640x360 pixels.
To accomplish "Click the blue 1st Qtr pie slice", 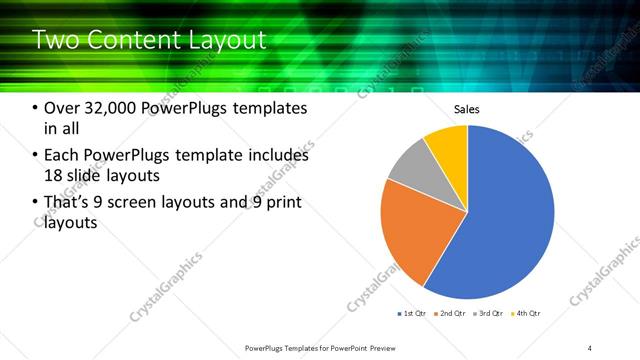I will pos(510,220).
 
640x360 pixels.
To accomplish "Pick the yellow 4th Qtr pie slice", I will pos(447,145).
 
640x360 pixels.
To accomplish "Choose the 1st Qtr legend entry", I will pos(414,314).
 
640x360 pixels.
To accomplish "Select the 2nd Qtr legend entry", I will pos(452,314).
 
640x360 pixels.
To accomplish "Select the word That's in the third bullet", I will pos(69,203).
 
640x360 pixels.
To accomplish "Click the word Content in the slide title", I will pos(131,40).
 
